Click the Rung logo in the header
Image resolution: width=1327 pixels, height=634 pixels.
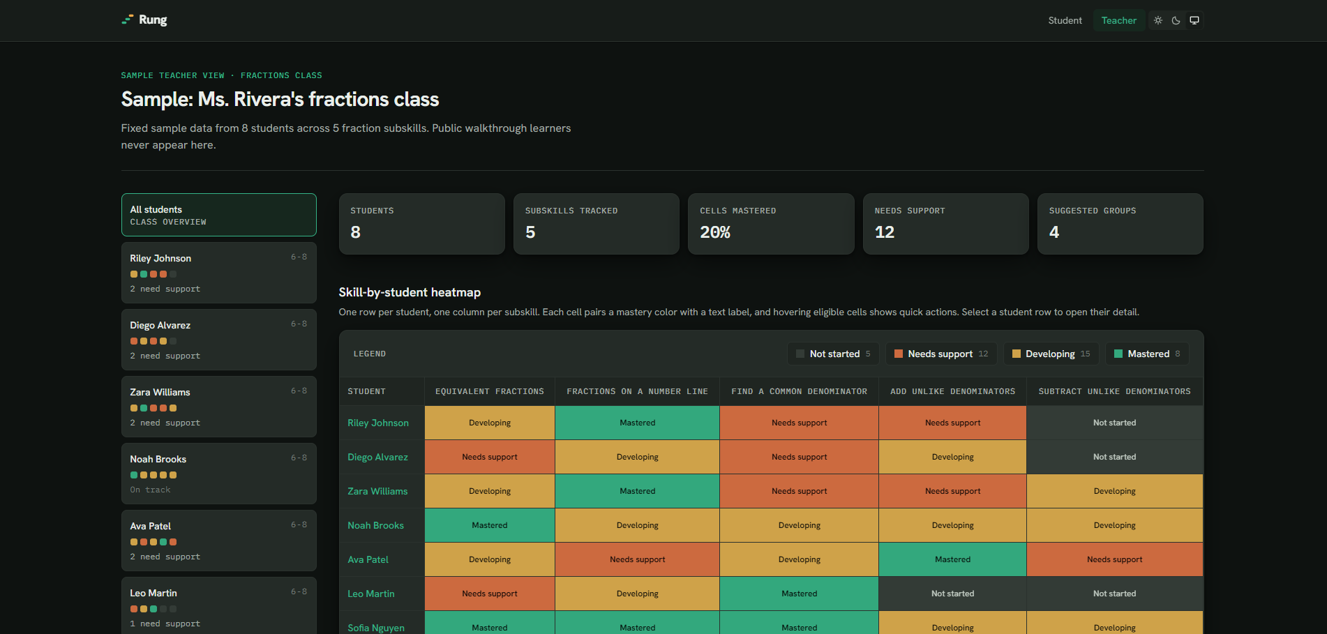tap(144, 20)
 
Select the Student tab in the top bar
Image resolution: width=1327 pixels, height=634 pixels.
tap(1065, 20)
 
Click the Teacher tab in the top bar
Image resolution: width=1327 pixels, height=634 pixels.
tap(1118, 20)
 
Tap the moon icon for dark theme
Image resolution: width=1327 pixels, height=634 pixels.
tap(1176, 20)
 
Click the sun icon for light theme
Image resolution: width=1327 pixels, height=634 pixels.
tap(1158, 20)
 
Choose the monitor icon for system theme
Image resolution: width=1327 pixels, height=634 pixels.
tap(1194, 20)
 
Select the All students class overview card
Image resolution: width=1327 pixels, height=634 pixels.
tap(218, 215)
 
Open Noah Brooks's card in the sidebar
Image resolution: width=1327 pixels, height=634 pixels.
tap(218, 474)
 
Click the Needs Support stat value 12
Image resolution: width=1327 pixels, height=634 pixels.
tap(885, 232)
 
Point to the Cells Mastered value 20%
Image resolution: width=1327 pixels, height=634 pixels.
tap(715, 232)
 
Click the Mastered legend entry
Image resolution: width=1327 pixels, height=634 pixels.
tap(1147, 354)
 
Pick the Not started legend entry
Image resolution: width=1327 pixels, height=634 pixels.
tap(833, 354)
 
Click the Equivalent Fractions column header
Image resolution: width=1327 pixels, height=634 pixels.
tap(490, 391)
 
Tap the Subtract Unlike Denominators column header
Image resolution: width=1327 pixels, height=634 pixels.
tap(1115, 391)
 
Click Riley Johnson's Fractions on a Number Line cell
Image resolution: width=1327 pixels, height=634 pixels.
tap(637, 423)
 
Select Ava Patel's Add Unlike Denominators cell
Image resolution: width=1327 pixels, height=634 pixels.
tap(952, 559)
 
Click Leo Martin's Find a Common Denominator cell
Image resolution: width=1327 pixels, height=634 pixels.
tap(799, 594)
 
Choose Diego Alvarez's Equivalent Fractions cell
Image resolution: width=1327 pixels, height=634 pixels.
tap(490, 457)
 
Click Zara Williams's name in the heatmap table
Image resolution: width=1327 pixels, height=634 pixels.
tap(377, 491)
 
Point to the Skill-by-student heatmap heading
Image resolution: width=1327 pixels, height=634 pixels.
tap(410, 292)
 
